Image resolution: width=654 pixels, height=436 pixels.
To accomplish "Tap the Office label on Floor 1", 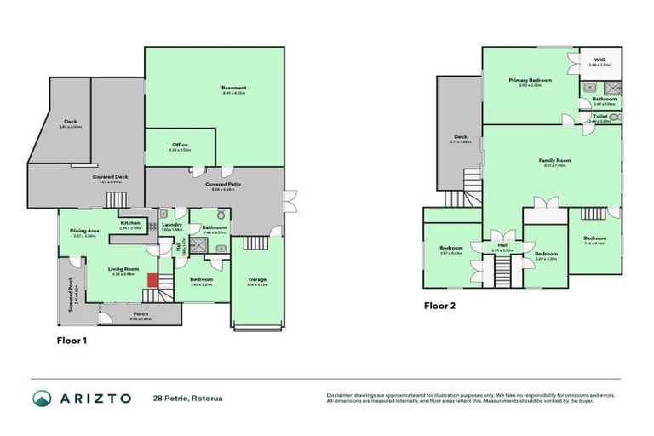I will click(180, 145).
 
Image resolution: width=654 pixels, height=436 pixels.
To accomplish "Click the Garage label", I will click(256, 278).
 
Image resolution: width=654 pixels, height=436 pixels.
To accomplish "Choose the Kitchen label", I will click(130, 223).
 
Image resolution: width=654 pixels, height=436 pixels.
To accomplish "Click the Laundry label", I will click(172, 225).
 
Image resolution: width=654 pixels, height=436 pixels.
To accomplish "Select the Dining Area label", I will click(84, 231).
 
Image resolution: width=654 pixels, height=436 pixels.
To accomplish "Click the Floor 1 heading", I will click(72, 341).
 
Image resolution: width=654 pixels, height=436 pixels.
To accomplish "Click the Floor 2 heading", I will click(440, 306).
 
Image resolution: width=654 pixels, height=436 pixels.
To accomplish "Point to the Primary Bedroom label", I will click(531, 81).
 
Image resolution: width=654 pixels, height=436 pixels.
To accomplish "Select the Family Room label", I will click(554, 161).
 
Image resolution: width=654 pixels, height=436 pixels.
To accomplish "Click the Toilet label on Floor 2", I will click(599, 116).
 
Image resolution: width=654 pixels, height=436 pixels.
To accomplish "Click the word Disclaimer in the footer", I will click(341, 394).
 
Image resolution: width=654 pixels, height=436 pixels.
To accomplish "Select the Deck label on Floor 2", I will click(461, 137).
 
